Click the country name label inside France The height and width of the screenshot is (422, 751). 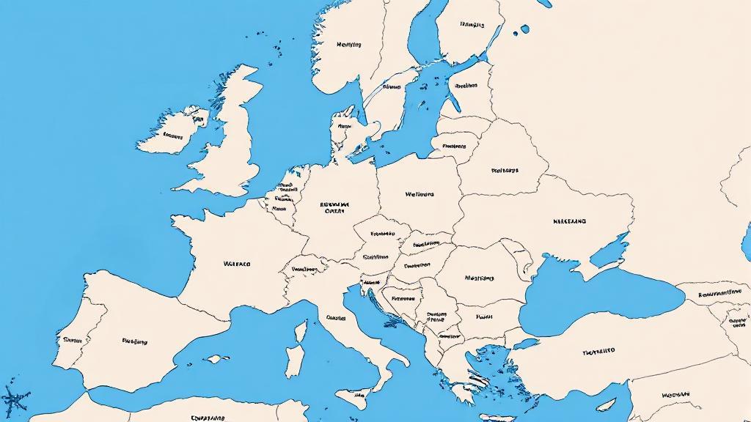(236, 263)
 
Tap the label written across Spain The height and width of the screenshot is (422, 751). (134, 341)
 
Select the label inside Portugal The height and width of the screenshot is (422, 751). (72, 340)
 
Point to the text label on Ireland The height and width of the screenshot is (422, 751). (173, 136)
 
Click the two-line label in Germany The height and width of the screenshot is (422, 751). (334, 207)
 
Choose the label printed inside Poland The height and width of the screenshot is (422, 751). (420, 195)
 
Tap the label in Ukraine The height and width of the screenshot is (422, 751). (569, 221)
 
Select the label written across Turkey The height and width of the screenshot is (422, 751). (598, 352)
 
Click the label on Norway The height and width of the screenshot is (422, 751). (348, 45)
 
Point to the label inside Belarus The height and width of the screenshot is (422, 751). (504, 170)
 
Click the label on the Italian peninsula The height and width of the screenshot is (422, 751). (336, 318)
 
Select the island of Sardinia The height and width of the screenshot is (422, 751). (293, 363)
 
